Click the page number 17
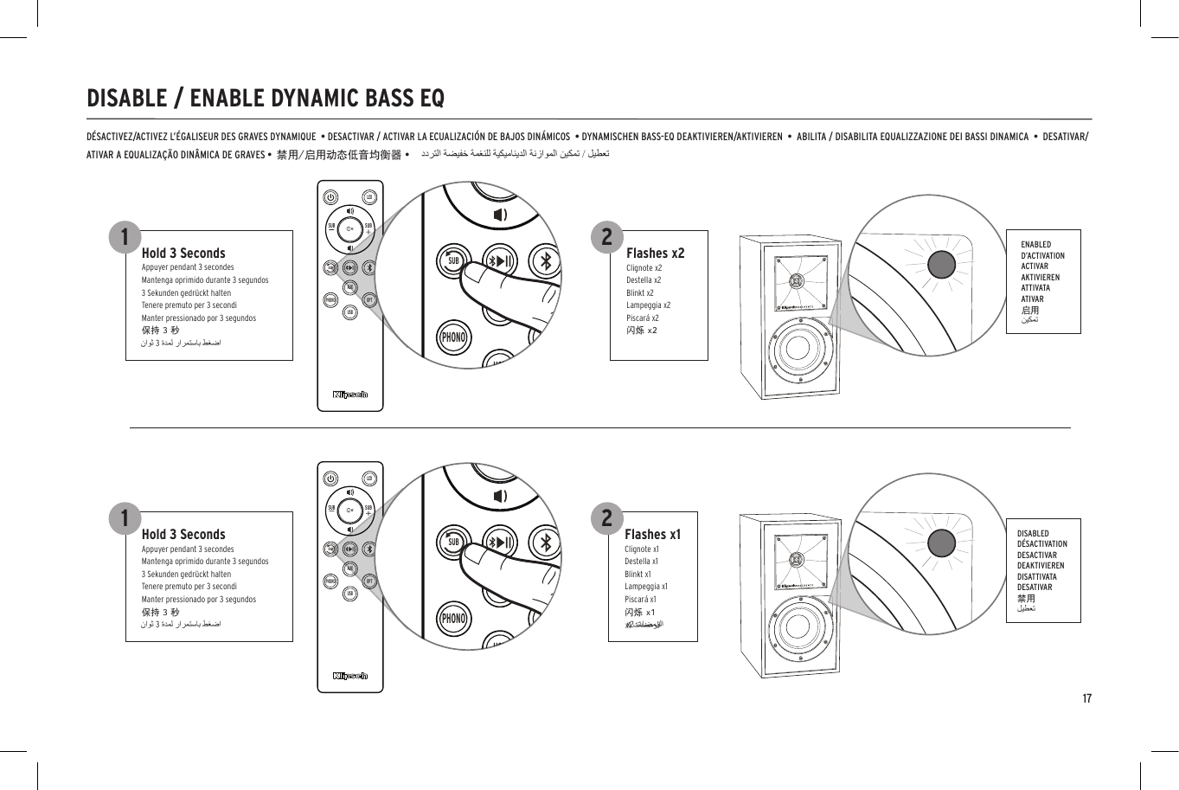1086,698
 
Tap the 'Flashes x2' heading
655,253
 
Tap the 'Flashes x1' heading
652,534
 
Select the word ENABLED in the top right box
1035,245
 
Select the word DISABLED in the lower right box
1033,534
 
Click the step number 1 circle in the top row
125,236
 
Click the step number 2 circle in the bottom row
606,517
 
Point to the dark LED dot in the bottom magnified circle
942,543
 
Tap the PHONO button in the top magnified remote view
453,337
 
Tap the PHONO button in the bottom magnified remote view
453,618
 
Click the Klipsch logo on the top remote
350,395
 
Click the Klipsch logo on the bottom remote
350,676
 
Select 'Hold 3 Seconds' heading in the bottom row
183,534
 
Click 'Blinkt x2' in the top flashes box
640,292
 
